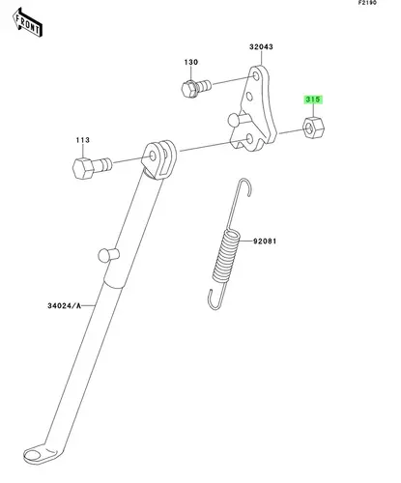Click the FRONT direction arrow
coord(27,23)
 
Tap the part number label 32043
coord(261,47)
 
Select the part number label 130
coord(191,62)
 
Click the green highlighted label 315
coord(313,99)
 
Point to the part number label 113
coord(83,140)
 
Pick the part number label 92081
coord(265,241)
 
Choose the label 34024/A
coord(65,305)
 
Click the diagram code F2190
coord(367,3)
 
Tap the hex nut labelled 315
coord(313,127)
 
